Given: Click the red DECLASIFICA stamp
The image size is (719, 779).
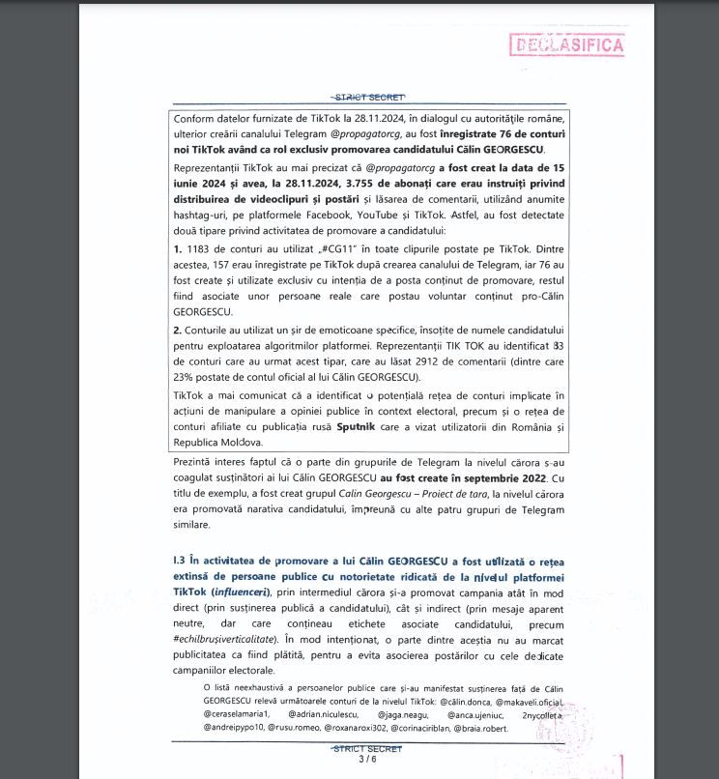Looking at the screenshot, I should tap(566, 44).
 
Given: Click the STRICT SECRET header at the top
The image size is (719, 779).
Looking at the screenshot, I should tap(367, 97).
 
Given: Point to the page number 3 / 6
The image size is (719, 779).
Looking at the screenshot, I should tap(367, 760).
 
